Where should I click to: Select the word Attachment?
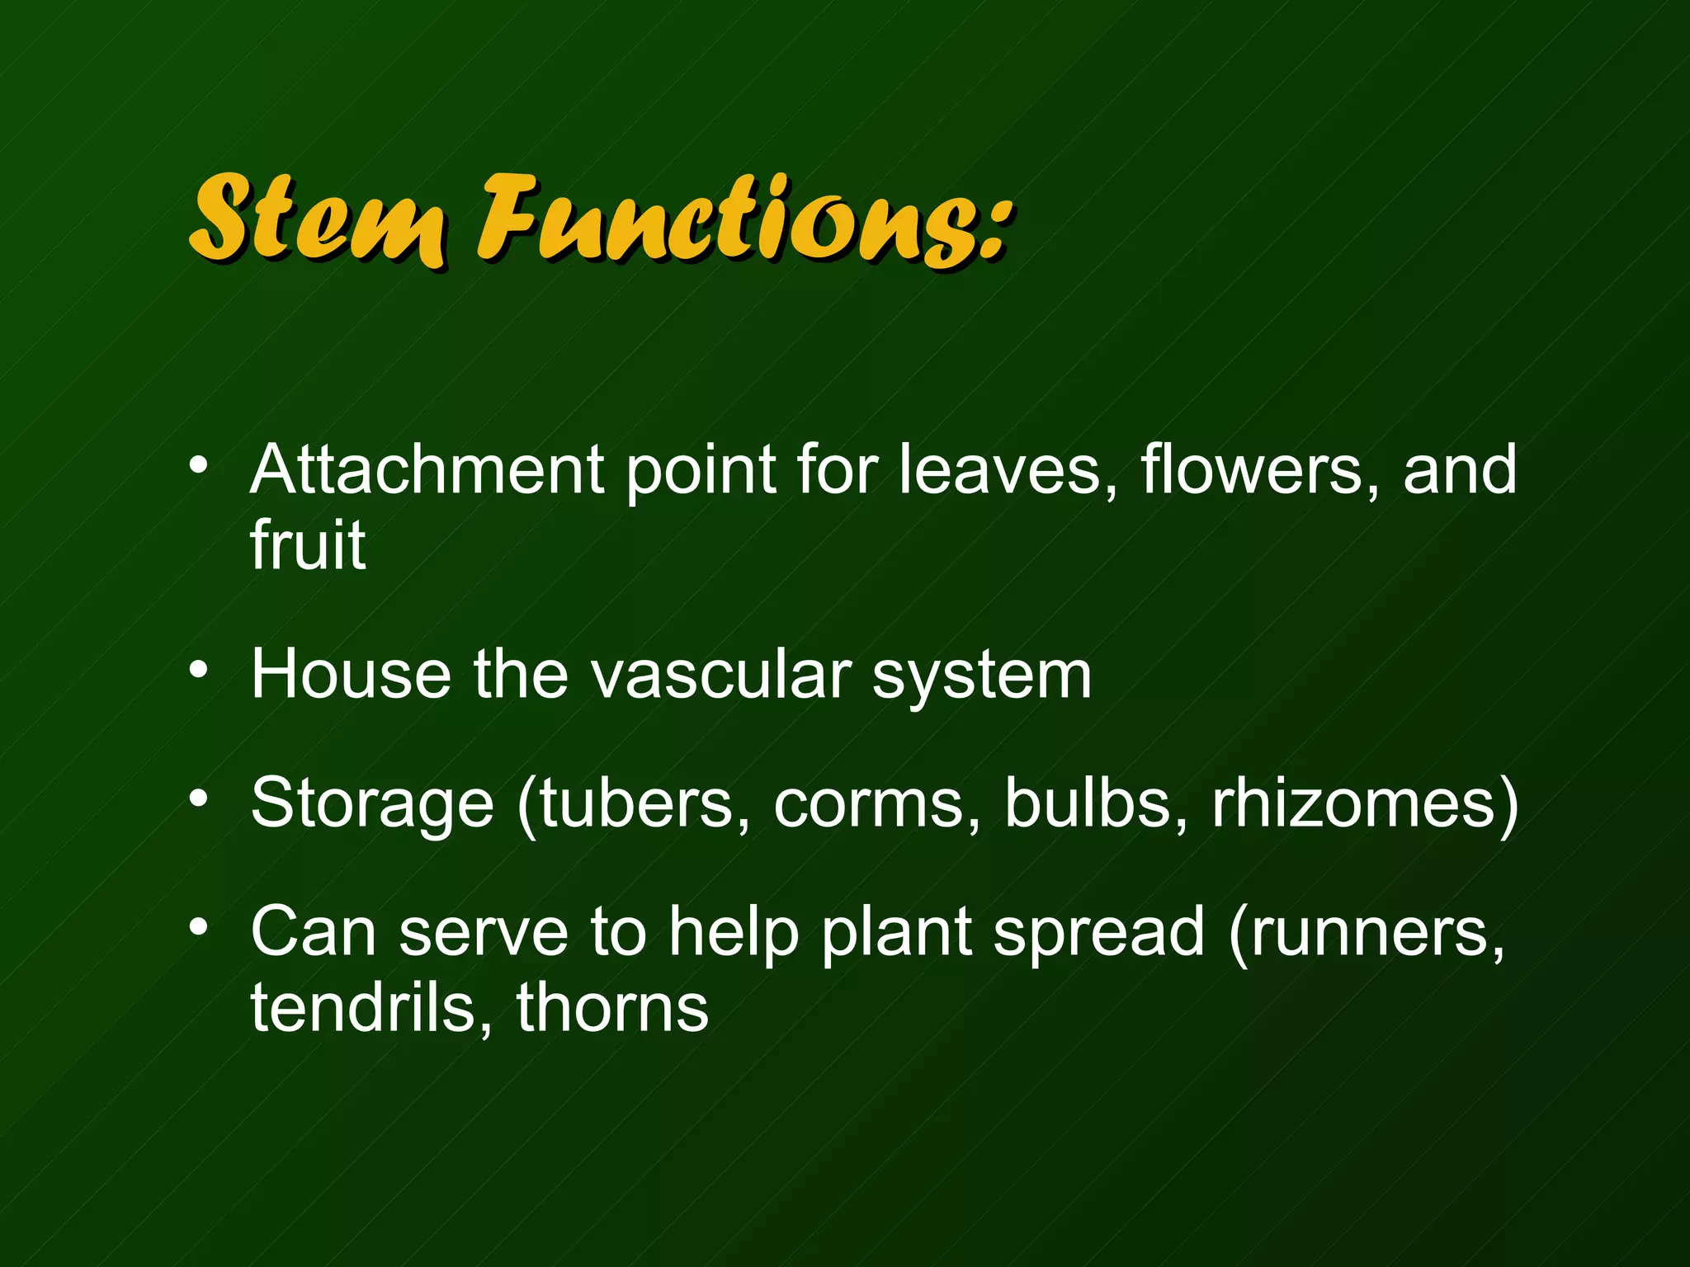[x=427, y=470]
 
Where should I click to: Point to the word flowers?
[x=1250, y=470]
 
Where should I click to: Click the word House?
[x=351, y=675]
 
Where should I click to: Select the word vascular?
[x=721, y=675]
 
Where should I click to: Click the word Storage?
[x=371, y=804]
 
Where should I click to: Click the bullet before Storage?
[x=198, y=798]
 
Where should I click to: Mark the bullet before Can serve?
[x=198, y=928]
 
